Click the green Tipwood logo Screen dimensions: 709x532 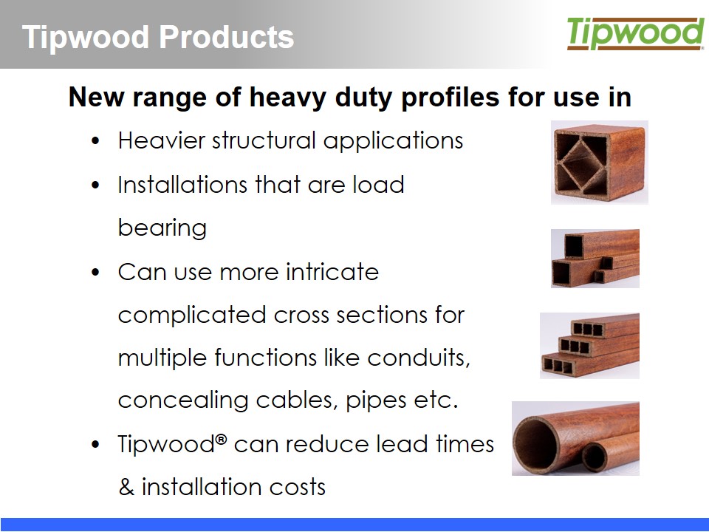click(635, 33)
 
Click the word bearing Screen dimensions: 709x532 click(162, 227)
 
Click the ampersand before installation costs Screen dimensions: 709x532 click(126, 487)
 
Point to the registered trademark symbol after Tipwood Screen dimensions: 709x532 click(221, 438)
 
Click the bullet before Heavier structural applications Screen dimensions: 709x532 click(95, 141)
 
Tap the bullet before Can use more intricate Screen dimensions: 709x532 click(95, 273)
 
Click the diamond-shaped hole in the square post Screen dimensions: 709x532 click(581, 162)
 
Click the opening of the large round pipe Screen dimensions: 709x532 click(537, 445)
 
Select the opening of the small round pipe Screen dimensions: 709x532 click(594, 457)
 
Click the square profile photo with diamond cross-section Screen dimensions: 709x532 click(600, 162)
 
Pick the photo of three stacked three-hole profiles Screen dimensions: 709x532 click(589, 346)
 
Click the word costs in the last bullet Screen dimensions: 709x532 click(297, 487)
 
